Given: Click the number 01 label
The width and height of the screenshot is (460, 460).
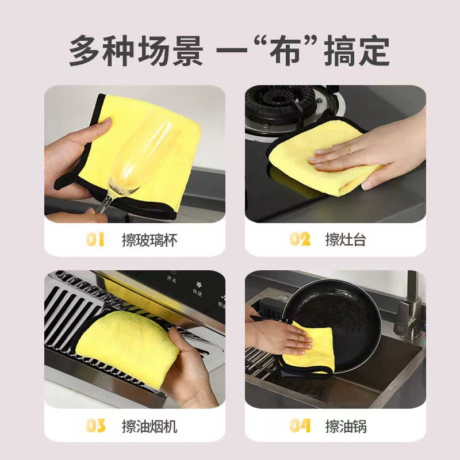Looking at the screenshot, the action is click(95, 239).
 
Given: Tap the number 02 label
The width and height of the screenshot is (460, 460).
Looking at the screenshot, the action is click(300, 239).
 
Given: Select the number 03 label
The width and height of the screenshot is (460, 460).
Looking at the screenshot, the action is click(95, 425).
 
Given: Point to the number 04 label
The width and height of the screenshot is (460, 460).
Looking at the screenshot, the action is click(300, 425).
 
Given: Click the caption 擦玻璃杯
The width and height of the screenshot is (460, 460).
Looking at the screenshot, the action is click(149, 240).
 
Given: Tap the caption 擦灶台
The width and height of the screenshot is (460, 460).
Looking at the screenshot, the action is click(346, 239).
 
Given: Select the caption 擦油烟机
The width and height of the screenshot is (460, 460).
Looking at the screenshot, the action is click(149, 426).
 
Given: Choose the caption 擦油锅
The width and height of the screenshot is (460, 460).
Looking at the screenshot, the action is click(346, 426).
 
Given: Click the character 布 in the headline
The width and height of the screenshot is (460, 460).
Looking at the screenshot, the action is click(285, 51).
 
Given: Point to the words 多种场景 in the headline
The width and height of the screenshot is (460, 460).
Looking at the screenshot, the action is click(136, 51).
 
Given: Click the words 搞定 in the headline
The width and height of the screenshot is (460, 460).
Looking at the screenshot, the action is click(357, 51).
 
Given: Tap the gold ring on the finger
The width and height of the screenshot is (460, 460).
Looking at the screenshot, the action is click(350, 149).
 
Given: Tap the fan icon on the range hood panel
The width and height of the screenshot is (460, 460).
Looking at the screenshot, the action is click(199, 284).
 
